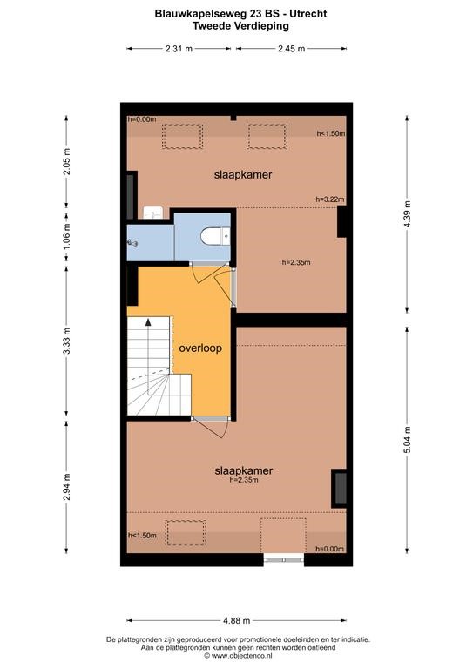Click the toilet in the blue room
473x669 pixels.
[x=215, y=236]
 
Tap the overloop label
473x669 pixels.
[x=200, y=348]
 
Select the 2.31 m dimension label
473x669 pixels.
[x=179, y=49]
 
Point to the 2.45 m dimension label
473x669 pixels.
[x=291, y=49]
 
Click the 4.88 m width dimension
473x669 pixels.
[x=237, y=620]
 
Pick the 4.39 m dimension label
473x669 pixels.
[x=407, y=213]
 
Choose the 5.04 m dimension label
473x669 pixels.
[x=407, y=440]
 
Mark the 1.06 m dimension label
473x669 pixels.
[x=66, y=238]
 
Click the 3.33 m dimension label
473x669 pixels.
[x=66, y=341]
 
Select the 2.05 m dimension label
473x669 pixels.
[x=66, y=161]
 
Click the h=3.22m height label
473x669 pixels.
[x=330, y=199]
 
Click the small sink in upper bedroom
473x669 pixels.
[x=152, y=212]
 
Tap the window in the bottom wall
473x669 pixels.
[x=284, y=559]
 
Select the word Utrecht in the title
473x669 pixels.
[x=308, y=14]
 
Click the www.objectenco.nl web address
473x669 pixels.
[x=241, y=655]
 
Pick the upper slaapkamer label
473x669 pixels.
[x=243, y=175]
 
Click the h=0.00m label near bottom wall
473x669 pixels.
[x=329, y=549]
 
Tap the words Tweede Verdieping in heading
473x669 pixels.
[x=240, y=25]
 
